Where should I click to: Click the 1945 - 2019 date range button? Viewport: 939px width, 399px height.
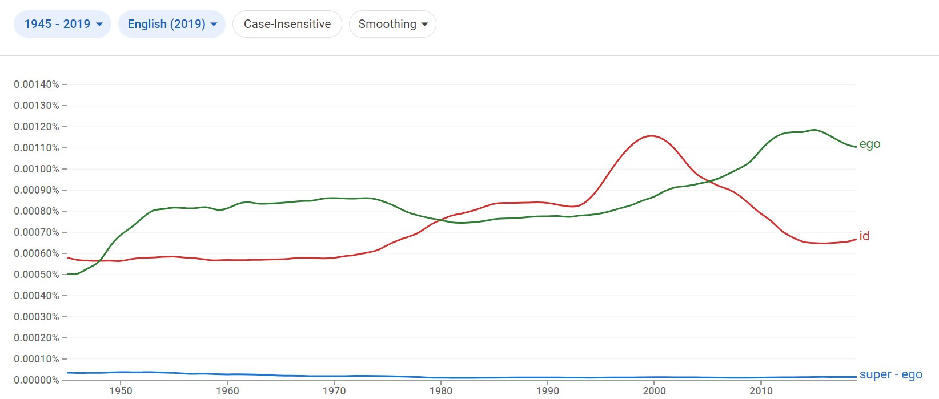point(62,24)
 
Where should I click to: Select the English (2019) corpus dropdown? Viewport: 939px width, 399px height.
point(172,24)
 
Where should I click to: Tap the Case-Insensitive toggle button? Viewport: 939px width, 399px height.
point(287,24)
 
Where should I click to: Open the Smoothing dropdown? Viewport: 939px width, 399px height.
point(392,24)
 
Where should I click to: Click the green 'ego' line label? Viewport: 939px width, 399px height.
point(869,144)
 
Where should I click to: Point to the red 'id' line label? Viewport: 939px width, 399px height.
point(864,236)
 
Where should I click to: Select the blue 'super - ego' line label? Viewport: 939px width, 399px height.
point(890,374)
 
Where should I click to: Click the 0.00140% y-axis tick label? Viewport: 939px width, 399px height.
point(37,84)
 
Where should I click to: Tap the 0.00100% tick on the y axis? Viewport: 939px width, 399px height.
point(37,169)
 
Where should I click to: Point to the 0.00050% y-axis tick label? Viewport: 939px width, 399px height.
point(37,275)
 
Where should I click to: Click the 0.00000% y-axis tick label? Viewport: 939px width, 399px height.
point(37,380)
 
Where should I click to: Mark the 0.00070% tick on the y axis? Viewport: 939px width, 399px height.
point(37,232)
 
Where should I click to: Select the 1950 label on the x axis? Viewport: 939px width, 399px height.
point(121,391)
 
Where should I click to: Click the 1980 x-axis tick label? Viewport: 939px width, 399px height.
point(441,391)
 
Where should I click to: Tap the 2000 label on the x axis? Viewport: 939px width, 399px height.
point(655,391)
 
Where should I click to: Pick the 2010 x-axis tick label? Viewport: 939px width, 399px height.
point(761,391)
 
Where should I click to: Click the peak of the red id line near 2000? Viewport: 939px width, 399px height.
point(651,136)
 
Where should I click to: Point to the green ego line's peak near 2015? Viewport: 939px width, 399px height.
point(814,130)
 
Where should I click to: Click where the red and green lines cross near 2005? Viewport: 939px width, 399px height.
point(708,182)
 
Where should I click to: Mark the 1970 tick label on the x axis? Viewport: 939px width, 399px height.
point(334,391)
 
